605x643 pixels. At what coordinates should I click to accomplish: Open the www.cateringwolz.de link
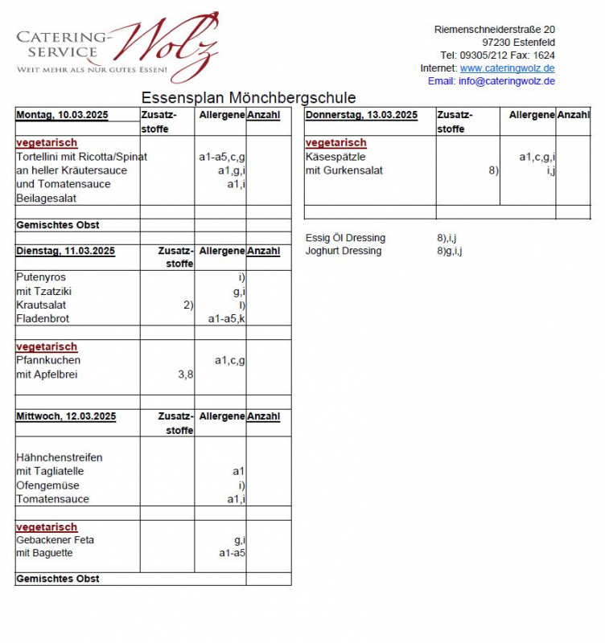[x=507, y=68]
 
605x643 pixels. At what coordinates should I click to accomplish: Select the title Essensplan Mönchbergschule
[x=249, y=98]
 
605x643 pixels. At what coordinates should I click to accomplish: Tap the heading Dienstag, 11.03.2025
[x=65, y=252]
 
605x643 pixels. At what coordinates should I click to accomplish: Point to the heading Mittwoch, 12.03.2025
[x=66, y=416]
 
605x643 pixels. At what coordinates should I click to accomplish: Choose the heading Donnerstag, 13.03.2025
[x=361, y=115]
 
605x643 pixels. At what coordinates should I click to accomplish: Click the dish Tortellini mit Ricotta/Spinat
[x=82, y=157]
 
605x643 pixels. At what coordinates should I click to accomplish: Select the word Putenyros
[x=41, y=277]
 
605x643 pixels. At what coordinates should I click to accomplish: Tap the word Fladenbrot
[x=43, y=319]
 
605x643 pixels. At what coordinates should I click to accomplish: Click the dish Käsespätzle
[x=335, y=157]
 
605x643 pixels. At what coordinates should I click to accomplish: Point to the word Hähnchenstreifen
[x=60, y=457]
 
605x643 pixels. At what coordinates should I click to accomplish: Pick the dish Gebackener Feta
[x=56, y=540]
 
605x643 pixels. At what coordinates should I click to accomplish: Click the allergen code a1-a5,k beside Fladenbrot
[x=226, y=319]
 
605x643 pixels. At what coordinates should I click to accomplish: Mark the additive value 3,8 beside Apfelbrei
[x=185, y=375]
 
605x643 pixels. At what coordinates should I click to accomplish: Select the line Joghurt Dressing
[x=344, y=252]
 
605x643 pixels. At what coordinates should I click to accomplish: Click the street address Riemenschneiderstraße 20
[x=494, y=30]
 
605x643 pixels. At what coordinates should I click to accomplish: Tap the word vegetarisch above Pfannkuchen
[x=47, y=347]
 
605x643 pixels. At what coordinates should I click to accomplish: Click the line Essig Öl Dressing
[x=345, y=239]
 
